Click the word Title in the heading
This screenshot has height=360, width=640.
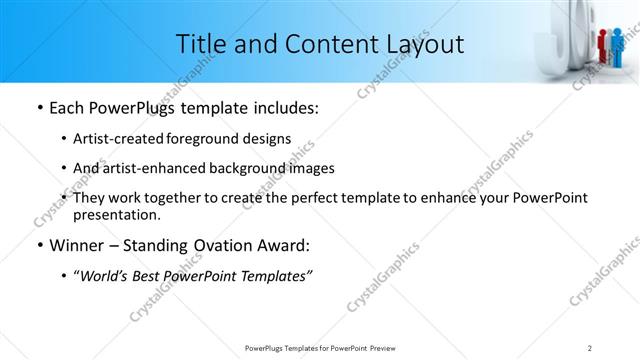click(x=200, y=44)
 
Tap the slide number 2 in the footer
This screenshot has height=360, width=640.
click(x=590, y=347)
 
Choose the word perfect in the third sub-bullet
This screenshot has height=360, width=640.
click(x=301, y=198)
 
